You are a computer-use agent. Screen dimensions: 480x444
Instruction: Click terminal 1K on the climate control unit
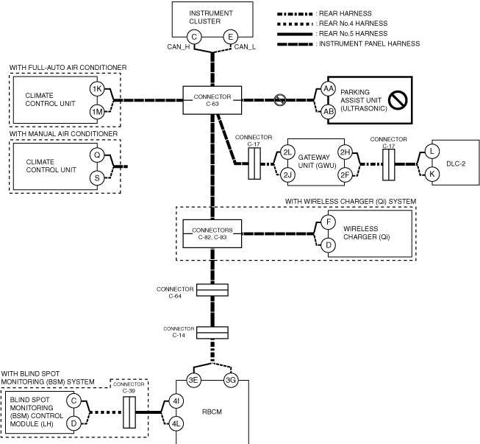click(x=97, y=89)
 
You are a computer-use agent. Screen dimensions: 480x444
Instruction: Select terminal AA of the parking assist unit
click(x=328, y=89)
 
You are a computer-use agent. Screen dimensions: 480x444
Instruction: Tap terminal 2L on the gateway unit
click(x=287, y=152)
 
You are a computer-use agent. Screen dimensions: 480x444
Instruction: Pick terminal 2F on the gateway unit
click(x=345, y=175)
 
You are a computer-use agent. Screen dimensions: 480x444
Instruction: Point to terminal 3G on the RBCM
click(x=231, y=380)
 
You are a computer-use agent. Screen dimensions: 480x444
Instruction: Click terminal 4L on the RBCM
click(x=176, y=424)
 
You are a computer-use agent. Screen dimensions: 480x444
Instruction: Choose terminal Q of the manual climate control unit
click(x=97, y=155)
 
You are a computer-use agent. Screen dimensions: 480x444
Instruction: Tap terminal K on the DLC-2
click(x=432, y=175)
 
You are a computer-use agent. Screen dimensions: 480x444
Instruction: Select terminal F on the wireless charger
click(x=328, y=222)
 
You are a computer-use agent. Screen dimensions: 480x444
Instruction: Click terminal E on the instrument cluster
click(x=231, y=37)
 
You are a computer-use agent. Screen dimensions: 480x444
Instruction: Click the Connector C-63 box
click(x=212, y=100)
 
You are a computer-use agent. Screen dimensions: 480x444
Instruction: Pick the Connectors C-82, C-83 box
click(x=212, y=233)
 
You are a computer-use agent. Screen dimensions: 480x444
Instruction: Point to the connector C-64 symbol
click(x=212, y=290)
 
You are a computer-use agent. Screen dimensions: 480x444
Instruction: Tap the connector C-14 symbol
click(x=212, y=333)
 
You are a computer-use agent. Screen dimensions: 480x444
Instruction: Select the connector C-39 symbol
click(x=129, y=412)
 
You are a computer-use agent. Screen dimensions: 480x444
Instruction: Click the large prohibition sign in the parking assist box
click(x=398, y=100)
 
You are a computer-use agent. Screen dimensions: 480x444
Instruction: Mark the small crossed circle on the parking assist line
click(x=280, y=100)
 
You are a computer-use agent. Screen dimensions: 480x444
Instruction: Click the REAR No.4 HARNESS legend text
click(x=354, y=24)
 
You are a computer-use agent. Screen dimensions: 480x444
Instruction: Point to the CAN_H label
click(x=179, y=47)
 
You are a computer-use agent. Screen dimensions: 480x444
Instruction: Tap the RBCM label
click(x=212, y=412)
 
